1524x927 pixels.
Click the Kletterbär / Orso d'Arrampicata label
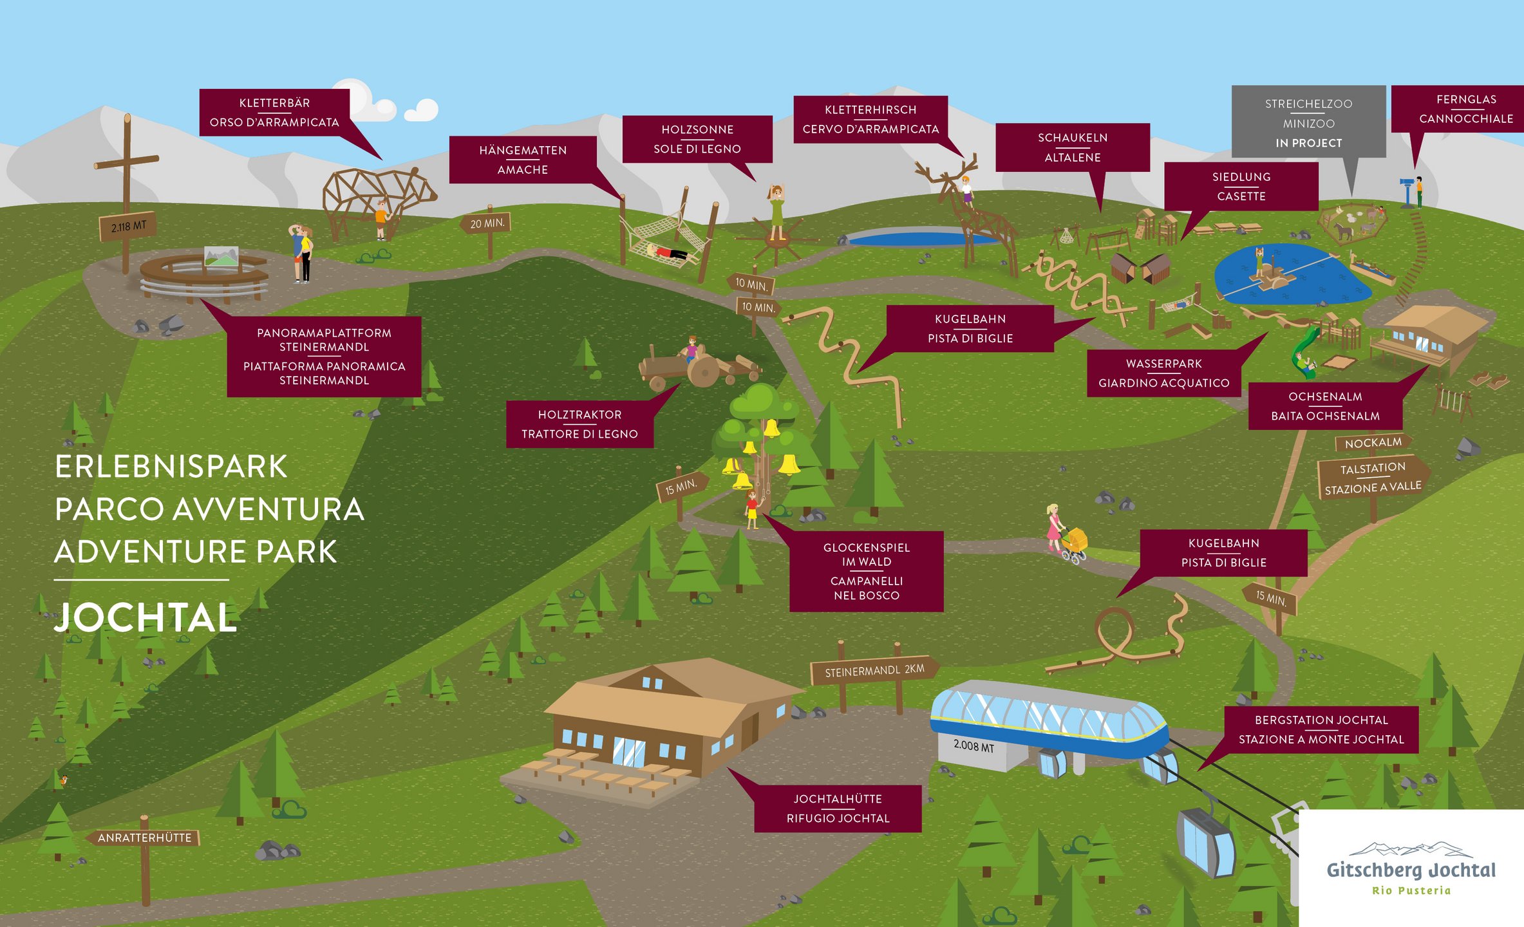click(x=274, y=113)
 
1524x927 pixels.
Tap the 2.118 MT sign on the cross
click(x=127, y=227)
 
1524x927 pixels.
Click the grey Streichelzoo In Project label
click(x=1308, y=122)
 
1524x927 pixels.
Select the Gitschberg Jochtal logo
click(x=1411, y=868)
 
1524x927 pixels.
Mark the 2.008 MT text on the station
click(x=974, y=745)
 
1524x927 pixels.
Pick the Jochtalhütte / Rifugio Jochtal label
click(x=838, y=809)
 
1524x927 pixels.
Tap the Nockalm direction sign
click(x=1373, y=443)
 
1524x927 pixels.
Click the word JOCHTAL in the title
click(x=146, y=617)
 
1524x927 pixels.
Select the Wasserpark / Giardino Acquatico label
click(x=1164, y=373)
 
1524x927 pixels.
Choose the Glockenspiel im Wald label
click(x=867, y=571)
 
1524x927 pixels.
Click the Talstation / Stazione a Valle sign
click(x=1373, y=478)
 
